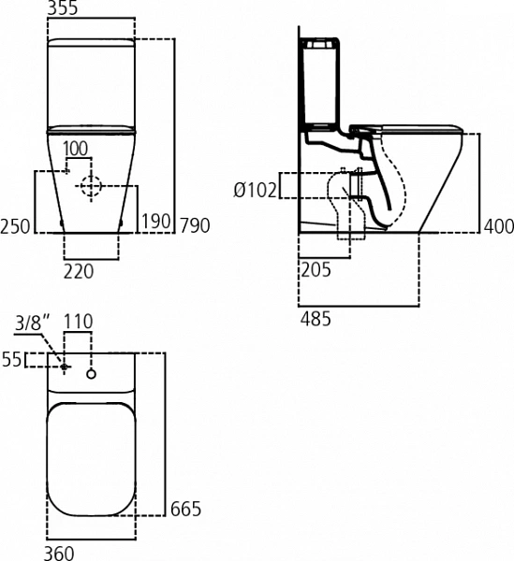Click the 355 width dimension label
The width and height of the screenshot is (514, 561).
click(x=63, y=7)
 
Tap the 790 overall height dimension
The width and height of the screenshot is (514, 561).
click(x=195, y=225)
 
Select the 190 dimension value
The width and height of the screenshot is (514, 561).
click(x=156, y=221)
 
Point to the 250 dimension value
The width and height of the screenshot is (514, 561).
click(x=15, y=226)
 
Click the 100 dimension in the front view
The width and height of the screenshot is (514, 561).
click(x=76, y=149)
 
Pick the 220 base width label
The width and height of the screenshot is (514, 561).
click(x=79, y=271)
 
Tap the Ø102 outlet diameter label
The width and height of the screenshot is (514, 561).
click(x=256, y=190)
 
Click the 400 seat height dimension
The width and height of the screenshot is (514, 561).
click(x=499, y=226)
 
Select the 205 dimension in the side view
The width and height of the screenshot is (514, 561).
click(x=316, y=270)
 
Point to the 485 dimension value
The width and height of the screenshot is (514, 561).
click(x=316, y=319)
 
